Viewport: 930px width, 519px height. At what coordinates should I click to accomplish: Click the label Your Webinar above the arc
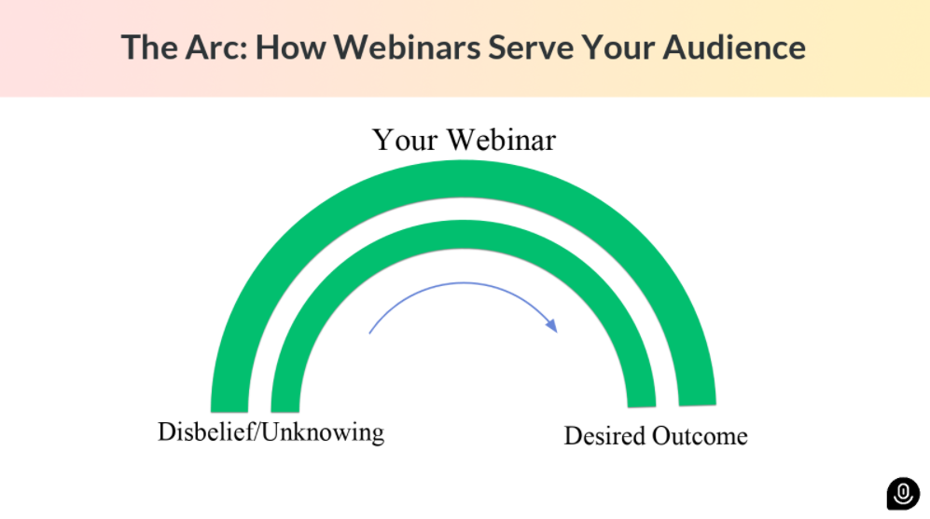click(464, 140)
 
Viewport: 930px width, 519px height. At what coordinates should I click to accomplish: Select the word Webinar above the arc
click(501, 140)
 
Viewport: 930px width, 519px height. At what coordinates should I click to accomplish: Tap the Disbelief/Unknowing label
click(271, 432)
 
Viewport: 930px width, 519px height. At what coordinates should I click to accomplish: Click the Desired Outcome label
click(656, 436)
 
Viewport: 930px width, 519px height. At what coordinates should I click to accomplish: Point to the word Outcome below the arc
click(700, 436)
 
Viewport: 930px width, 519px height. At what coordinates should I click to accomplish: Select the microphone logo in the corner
click(902, 493)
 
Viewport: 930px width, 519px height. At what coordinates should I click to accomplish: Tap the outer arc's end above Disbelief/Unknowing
click(229, 403)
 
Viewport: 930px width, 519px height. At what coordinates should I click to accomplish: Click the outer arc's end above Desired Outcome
click(697, 398)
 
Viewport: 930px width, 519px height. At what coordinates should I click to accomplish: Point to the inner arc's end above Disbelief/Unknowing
click(285, 403)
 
